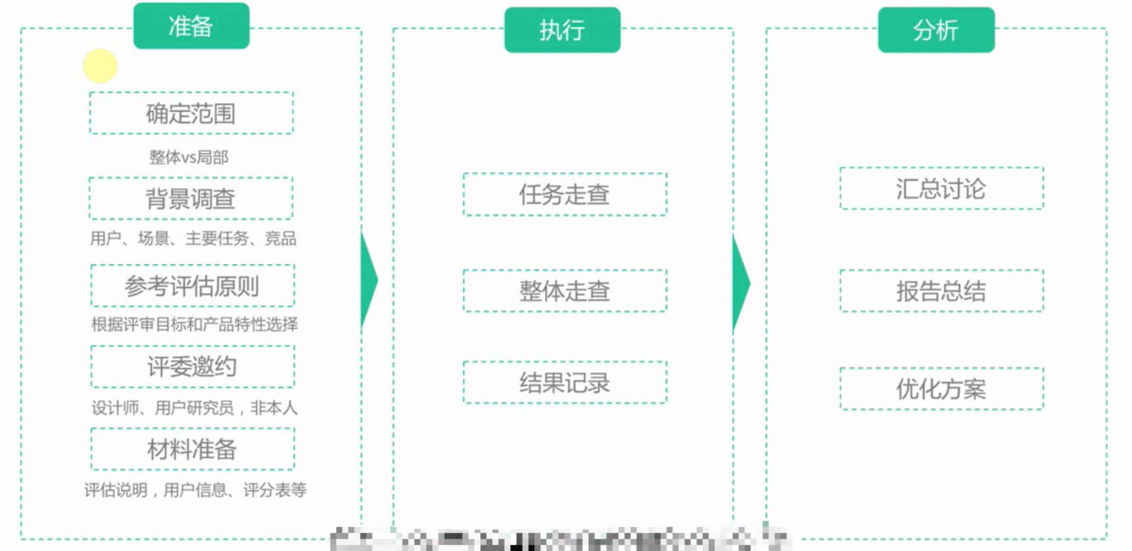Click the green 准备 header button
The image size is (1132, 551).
[191, 26]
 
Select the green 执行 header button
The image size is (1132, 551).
[561, 30]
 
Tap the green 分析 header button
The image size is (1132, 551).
[935, 30]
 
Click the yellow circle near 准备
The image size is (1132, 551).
[100, 66]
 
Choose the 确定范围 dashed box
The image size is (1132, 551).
[191, 113]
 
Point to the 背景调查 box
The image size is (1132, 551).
[191, 198]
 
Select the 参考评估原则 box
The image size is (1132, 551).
[192, 285]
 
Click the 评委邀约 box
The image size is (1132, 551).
[192, 366]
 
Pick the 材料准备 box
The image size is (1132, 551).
[192, 449]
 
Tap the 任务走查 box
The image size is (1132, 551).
[564, 194]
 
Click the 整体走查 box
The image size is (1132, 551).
[564, 291]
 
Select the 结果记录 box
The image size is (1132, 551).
[564, 383]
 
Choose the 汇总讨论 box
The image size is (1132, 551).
[941, 188]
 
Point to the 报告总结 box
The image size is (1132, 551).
[941, 291]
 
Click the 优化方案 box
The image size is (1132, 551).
[941, 389]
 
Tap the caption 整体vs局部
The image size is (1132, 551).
[188, 158]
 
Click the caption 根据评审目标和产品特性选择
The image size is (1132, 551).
[194, 324]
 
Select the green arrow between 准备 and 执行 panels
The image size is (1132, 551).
[369, 281]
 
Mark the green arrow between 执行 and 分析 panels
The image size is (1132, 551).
[741, 282]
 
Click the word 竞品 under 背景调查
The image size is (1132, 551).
[281, 239]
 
